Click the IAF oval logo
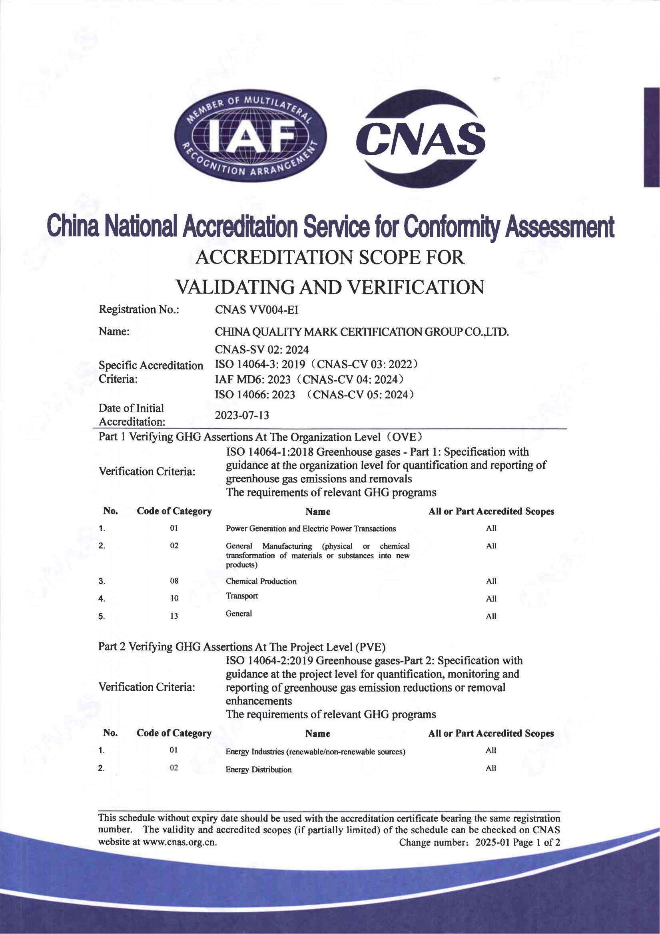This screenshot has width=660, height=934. [250, 136]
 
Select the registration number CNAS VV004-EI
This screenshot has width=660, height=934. [257, 310]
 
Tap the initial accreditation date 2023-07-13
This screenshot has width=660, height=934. [242, 415]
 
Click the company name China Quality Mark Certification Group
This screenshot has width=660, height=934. [361, 332]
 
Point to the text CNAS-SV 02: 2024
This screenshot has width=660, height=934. [261, 350]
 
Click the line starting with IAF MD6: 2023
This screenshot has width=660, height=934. [309, 380]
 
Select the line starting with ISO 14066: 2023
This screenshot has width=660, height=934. [314, 394]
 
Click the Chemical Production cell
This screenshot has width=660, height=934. [261, 581]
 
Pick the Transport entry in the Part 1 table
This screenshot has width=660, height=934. [241, 596]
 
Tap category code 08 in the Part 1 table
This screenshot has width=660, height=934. [174, 581]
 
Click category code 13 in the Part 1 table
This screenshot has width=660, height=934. [174, 616]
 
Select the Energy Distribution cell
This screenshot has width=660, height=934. [259, 770]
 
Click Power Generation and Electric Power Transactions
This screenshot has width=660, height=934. [311, 529]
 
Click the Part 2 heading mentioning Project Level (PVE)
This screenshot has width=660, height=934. [242, 647]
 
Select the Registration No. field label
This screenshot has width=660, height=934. [139, 310]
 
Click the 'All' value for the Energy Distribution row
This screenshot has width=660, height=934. [491, 768]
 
